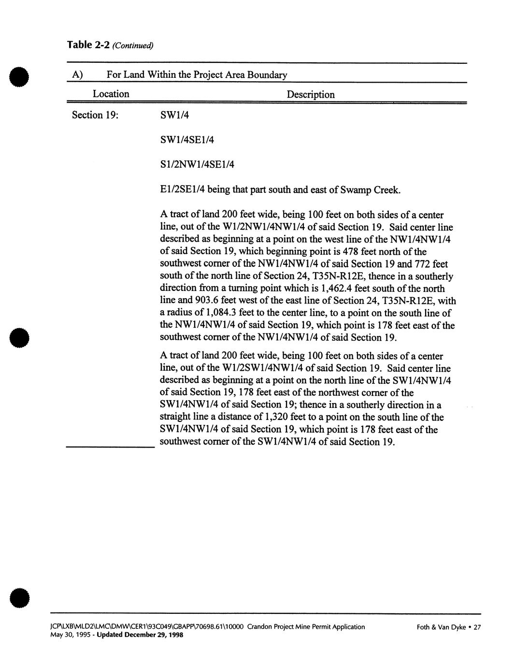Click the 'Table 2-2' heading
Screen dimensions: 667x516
(86, 45)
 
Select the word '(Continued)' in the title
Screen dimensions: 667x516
(132, 46)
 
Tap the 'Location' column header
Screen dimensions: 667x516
(111, 94)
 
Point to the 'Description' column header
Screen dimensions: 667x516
(311, 94)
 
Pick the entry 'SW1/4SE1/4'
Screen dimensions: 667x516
(186, 140)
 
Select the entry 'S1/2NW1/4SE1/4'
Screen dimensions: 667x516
(197, 164)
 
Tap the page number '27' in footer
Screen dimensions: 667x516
(477, 627)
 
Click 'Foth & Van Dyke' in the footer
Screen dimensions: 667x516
(441, 627)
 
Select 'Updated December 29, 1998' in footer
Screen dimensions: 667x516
(140, 635)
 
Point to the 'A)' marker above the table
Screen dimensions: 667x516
(77, 75)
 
